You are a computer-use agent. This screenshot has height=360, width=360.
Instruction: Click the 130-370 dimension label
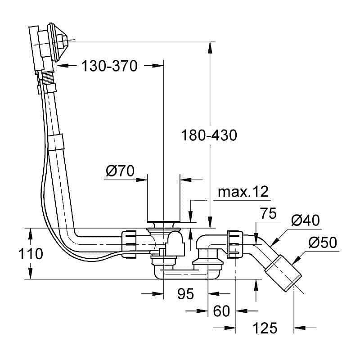[110, 66]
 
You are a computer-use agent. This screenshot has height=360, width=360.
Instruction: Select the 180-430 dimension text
[209, 135]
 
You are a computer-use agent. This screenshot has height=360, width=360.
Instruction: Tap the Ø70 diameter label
[120, 171]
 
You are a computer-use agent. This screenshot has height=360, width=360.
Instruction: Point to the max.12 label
[243, 192]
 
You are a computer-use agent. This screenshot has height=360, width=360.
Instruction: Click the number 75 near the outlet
[268, 213]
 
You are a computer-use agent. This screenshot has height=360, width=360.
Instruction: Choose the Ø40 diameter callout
[306, 220]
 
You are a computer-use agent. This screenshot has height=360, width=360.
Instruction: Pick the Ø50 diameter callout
[323, 242]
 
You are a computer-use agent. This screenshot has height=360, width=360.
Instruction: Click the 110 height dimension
[31, 254]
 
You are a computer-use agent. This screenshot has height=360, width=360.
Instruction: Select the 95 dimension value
[185, 293]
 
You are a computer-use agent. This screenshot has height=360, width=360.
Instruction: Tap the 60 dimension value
[221, 311]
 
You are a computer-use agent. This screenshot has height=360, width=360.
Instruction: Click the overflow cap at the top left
[58, 41]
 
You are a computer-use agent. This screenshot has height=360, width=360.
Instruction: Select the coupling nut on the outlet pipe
[235, 244]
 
